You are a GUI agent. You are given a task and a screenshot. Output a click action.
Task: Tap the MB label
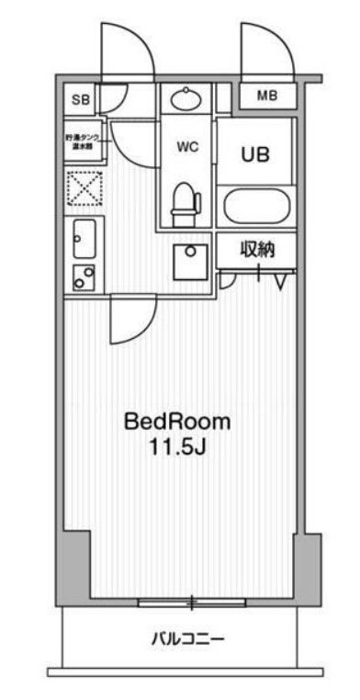coord(266,96)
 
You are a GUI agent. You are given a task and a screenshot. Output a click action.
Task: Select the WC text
coord(187,144)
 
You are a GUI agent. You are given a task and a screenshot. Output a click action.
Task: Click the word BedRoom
coord(177,423)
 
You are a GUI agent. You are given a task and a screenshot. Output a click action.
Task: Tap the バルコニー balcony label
coord(187,638)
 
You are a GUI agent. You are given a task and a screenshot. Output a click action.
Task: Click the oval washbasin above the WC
coord(186,98)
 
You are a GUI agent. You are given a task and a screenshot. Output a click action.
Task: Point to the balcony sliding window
coord(192,603)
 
